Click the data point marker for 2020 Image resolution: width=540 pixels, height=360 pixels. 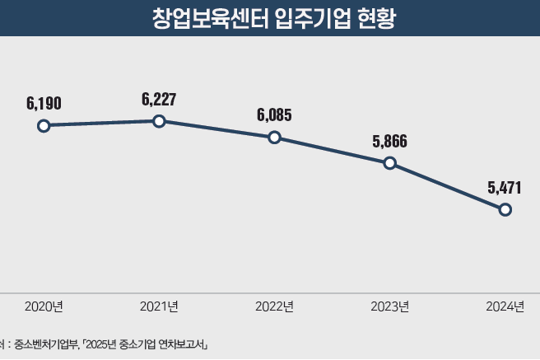[x=44, y=126]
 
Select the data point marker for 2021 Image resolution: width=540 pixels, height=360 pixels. [x=160, y=121]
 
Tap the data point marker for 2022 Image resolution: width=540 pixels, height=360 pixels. [x=275, y=138]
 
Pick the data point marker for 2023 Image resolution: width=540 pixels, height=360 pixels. [x=390, y=163]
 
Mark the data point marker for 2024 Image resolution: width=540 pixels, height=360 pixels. [x=505, y=209]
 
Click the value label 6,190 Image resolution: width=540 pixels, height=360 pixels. [x=44, y=104]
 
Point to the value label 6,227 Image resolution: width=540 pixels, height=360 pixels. [x=159, y=99]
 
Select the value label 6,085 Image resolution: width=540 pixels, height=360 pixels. [x=274, y=115]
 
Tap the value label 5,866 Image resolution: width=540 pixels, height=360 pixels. [x=390, y=141]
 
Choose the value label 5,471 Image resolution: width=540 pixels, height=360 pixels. [x=505, y=188]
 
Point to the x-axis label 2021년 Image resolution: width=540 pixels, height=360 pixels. [x=160, y=307]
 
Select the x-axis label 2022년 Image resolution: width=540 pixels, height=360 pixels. [x=275, y=307]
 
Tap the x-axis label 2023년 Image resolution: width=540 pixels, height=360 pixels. [x=390, y=307]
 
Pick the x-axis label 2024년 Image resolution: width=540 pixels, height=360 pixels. [x=505, y=307]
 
